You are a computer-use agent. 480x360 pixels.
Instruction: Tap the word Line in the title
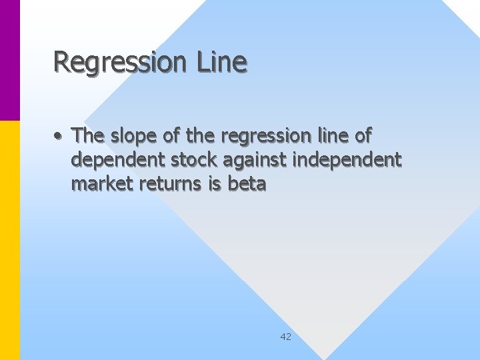point(221,61)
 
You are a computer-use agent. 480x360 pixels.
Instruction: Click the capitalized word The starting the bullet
point(89,135)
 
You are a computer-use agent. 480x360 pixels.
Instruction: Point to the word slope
point(134,136)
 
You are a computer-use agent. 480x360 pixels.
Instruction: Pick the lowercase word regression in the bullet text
point(265,136)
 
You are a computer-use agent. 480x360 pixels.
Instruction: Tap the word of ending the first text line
point(363,135)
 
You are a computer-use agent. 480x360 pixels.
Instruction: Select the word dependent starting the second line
point(117,160)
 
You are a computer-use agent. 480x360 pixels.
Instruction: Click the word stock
point(196,159)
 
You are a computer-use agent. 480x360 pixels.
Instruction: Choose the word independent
point(348,160)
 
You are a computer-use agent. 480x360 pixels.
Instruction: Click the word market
point(101,183)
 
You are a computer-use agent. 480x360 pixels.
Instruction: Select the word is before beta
point(215,183)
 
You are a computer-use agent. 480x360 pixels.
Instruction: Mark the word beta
point(247,183)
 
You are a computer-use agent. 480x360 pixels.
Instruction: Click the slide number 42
point(285,337)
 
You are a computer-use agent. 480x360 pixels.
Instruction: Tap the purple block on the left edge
point(10,60)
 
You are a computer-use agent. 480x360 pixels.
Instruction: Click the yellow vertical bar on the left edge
point(10,240)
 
